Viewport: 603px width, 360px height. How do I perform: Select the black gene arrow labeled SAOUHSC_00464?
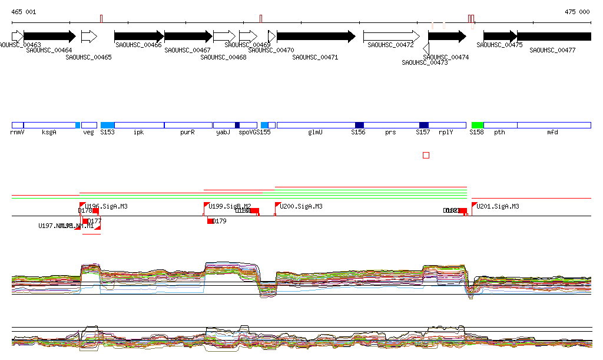click(49, 37)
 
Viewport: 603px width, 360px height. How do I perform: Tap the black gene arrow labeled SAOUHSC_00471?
click(316, 37)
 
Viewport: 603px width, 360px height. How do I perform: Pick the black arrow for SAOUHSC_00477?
click(554, 37)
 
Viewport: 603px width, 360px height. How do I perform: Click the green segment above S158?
click(478, 125)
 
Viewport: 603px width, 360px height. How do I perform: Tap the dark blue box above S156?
click(359, 125)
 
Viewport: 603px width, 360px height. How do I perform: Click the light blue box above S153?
click(107, 125)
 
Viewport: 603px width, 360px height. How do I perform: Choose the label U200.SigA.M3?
click(301, 207)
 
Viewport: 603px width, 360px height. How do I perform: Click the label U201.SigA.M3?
click(498, 207)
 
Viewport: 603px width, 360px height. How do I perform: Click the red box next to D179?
click(210, 221)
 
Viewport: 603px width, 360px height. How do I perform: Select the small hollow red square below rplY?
click(426, 155)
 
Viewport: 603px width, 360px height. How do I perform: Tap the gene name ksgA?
click(49, 133)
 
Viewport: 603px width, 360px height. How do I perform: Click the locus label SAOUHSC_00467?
click(187, 51)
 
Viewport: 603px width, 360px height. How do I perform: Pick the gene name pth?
click(499, 133)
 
